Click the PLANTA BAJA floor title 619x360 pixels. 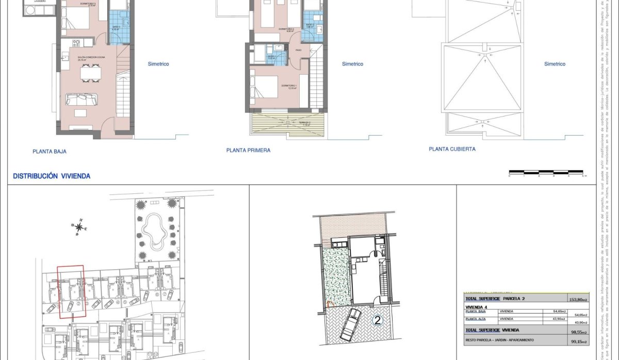(x=50, y=152)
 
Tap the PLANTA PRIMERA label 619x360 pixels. (x=248, y=151)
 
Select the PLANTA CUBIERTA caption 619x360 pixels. (x=452, y=149)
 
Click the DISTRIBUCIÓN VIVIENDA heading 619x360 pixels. (x=52, y=176)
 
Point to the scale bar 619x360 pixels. (x=547, y=172)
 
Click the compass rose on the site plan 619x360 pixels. (x=79, y=226)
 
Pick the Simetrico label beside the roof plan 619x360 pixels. (x=555, y=64)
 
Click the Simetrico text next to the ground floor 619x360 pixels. (x=158, y=64)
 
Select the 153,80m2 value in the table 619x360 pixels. (x=577, y=299)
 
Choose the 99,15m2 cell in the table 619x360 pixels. (x=577, y=341)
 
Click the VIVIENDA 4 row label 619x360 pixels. (x=477, y=306)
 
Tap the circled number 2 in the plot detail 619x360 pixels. (x=377, y=320)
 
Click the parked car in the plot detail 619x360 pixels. (x=351, y=324)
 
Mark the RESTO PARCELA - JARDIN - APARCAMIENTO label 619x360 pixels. (x=499, y=340)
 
